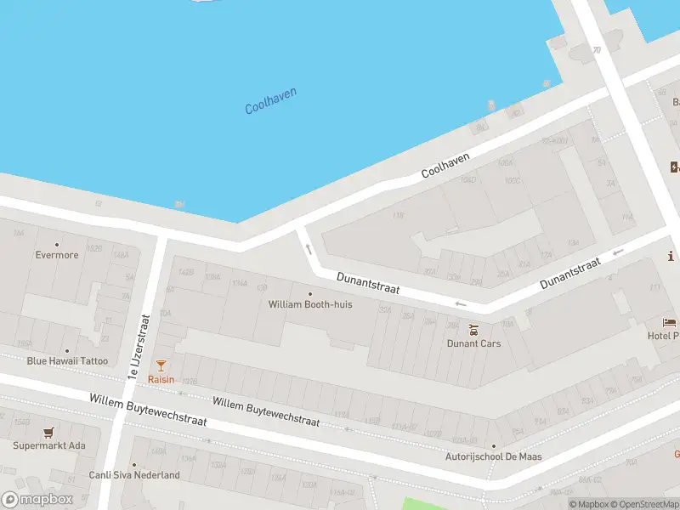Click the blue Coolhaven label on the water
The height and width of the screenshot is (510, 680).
(270, 101)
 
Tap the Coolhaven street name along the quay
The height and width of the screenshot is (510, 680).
(445, 161)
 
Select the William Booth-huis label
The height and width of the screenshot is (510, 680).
(310, 304)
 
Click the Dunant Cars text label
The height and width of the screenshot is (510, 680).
(473, 343)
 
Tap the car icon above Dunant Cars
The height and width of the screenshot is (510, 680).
(474, 329)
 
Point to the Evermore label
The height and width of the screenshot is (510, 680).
(57, 255)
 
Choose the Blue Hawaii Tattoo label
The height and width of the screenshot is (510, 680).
(67, 361)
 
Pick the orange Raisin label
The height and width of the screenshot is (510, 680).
(161, 380)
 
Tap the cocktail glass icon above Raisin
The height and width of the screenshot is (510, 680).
(161, 365)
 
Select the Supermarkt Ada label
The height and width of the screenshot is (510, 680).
(48, 445)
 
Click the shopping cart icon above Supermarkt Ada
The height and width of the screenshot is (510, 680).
(48, 432)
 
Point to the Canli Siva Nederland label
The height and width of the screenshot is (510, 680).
(134, 475)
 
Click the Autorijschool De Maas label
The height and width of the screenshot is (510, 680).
(494, 457)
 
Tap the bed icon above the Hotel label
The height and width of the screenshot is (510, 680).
(670, 323)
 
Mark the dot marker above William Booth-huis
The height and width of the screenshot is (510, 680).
(310, 294)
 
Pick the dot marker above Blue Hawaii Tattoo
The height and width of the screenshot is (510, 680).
(67, 350)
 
